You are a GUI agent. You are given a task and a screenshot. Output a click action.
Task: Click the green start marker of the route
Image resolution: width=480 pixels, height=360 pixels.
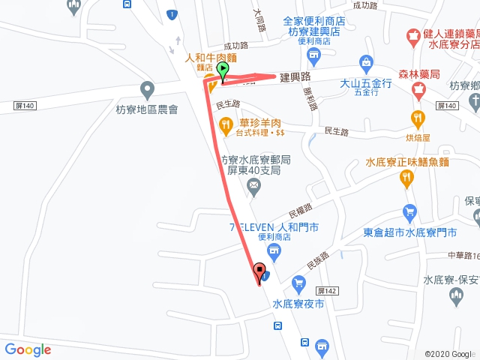pos(223,71)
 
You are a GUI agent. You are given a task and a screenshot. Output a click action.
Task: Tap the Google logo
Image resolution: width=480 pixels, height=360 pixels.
pos(28,349)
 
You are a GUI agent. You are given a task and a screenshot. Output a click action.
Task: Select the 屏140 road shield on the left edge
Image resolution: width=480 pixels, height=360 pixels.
pos(25,106)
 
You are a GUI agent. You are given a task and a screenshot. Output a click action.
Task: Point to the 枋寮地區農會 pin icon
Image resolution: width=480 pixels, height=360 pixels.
pos(147,91)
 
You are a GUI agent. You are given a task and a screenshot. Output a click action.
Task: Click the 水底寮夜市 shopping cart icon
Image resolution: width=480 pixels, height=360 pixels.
pos(298,283)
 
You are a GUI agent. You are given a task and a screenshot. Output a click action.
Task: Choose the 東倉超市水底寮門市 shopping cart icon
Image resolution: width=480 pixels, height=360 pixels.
pos(409,213)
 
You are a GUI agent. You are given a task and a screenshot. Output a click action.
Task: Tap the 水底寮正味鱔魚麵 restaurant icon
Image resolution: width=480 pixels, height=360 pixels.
pos(407,178)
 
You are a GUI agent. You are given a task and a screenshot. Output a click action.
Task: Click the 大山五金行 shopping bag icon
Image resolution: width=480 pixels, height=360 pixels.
pos(366,61)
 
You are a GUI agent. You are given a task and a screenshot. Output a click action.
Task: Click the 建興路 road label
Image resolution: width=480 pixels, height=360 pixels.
pos(295,77)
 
